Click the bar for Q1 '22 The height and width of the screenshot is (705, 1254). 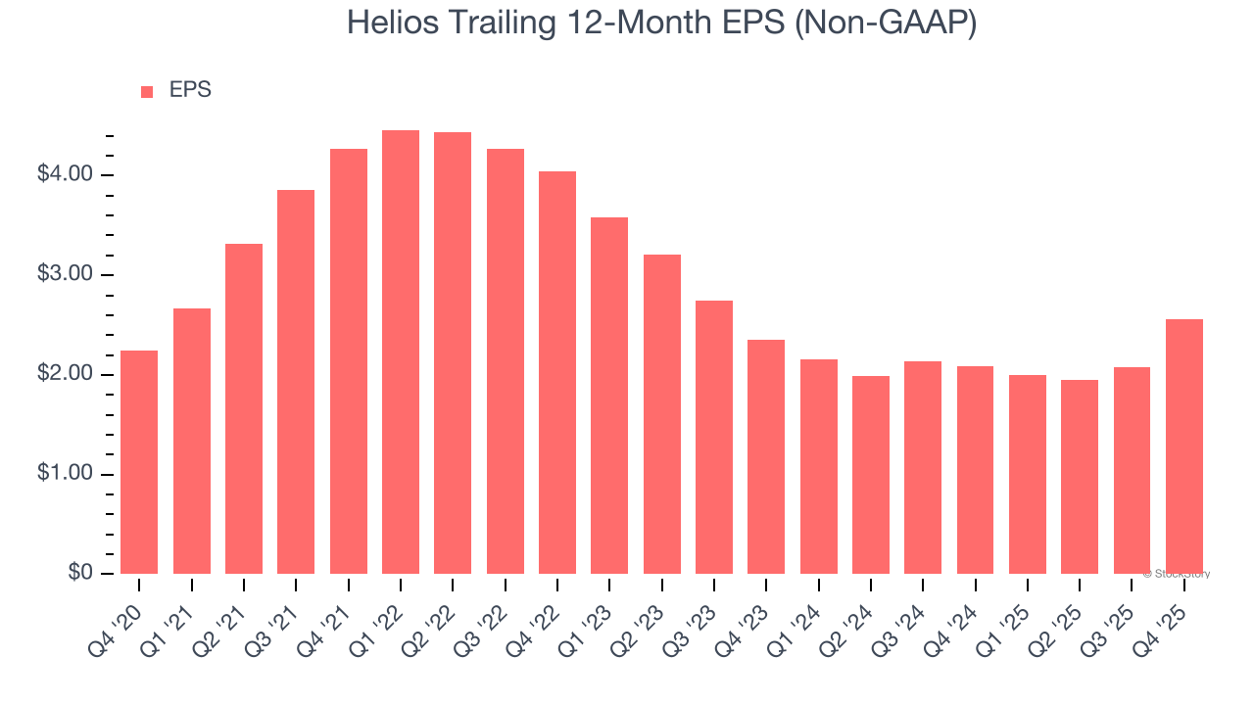(401, 352)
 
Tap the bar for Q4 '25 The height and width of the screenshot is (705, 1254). (1184, 446)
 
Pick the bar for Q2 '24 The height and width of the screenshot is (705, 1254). (871, 475)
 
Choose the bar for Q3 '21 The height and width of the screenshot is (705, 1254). (296, 382)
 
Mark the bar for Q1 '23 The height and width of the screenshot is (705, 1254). (609, 396)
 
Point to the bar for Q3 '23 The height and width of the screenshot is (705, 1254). (714, 437)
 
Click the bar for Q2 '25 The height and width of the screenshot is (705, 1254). (1080, 477)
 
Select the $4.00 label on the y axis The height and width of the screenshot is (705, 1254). (65, 174)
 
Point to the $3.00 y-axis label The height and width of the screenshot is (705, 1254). (65, 274)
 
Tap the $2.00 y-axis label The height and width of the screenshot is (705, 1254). (65, 374)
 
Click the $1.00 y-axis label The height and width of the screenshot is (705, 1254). (65, 474)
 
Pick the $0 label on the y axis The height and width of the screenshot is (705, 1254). (80, 573)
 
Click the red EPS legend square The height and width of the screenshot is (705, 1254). (147, 92)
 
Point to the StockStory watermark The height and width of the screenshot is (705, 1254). (1177, 574)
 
